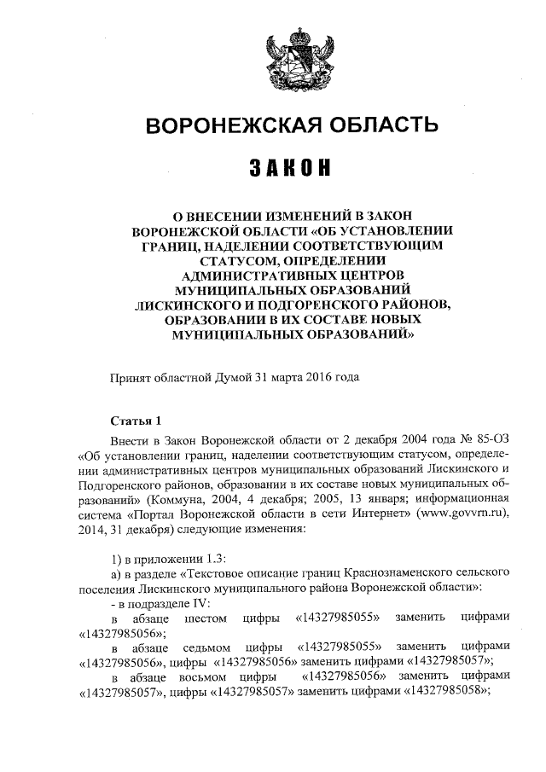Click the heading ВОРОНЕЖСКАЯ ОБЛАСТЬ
click(293, 127)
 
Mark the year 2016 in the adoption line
click(321, 375)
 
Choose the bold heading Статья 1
click(136, 421)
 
